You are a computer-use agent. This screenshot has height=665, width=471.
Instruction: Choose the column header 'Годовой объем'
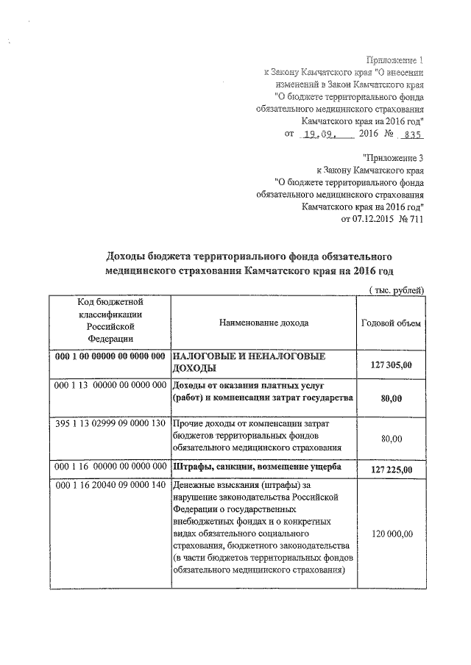click(391, 323)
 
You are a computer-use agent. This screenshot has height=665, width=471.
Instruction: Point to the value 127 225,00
click(391, 470)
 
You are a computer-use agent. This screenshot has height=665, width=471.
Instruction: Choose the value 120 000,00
click(391, 533)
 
